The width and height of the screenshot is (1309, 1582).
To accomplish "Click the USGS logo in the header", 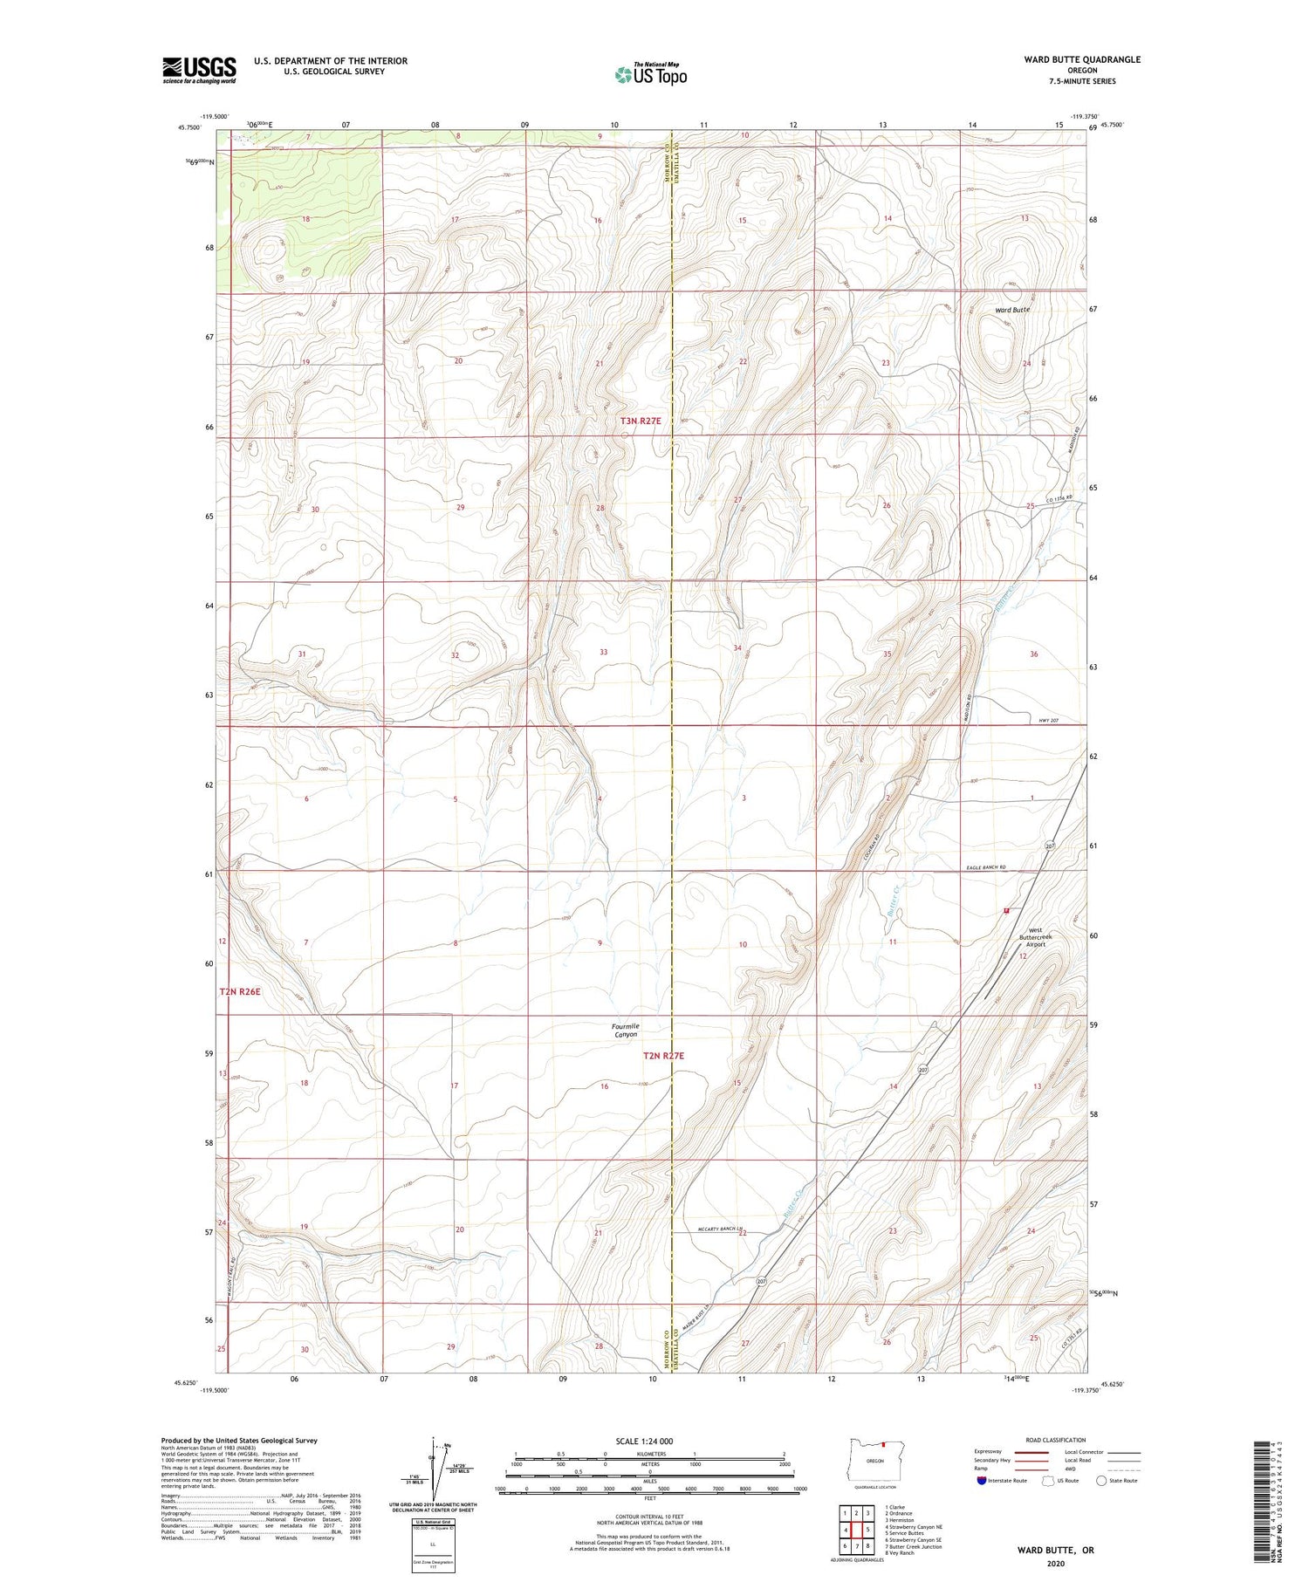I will (199, 70).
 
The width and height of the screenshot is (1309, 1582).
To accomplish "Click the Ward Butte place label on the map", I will (1012, 310).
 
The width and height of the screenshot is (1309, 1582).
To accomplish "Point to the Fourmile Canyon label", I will (626, 1030).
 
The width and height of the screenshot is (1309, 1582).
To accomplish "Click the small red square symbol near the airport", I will (1006, 910).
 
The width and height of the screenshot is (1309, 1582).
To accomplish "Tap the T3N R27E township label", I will (641, 421).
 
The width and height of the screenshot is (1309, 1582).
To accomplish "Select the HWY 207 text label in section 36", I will (1051, 720).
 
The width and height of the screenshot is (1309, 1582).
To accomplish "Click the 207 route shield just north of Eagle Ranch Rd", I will (1051, 846).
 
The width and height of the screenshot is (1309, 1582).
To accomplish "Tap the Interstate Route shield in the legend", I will (982, 1481).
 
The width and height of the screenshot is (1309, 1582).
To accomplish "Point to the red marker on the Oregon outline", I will (883, 1443).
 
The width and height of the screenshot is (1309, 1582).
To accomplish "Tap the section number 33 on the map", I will (603, 652).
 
